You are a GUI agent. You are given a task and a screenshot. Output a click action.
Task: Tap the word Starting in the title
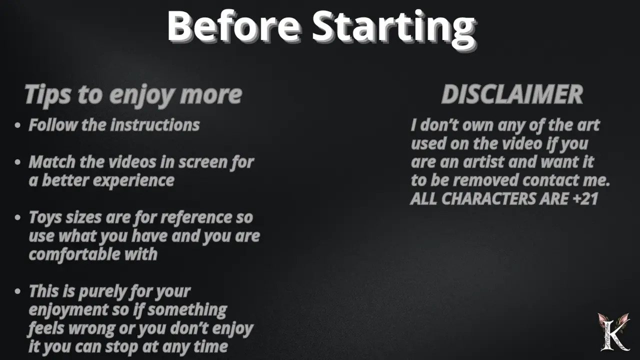coord(394,29)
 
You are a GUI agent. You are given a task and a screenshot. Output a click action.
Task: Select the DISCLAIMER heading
coord(512,94)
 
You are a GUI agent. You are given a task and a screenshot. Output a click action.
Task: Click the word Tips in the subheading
coord(47,95)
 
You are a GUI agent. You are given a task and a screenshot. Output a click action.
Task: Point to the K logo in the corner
coord(613,332)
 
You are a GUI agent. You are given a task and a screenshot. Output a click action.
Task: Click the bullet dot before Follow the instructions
coord(17,125)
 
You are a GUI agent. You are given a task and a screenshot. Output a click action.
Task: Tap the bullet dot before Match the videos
coord(17,162)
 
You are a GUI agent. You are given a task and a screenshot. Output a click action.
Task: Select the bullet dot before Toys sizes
coord(17,217)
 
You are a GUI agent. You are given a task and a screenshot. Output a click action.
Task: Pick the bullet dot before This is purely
coord(17,291)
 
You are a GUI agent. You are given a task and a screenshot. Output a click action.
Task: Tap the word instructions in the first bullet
coord(155,125)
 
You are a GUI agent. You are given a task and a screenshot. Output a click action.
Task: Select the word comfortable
coord(74,254)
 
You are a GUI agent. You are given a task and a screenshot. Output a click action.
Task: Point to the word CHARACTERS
coord(489,198)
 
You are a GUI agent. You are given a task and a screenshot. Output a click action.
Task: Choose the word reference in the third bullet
coord(196,217)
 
